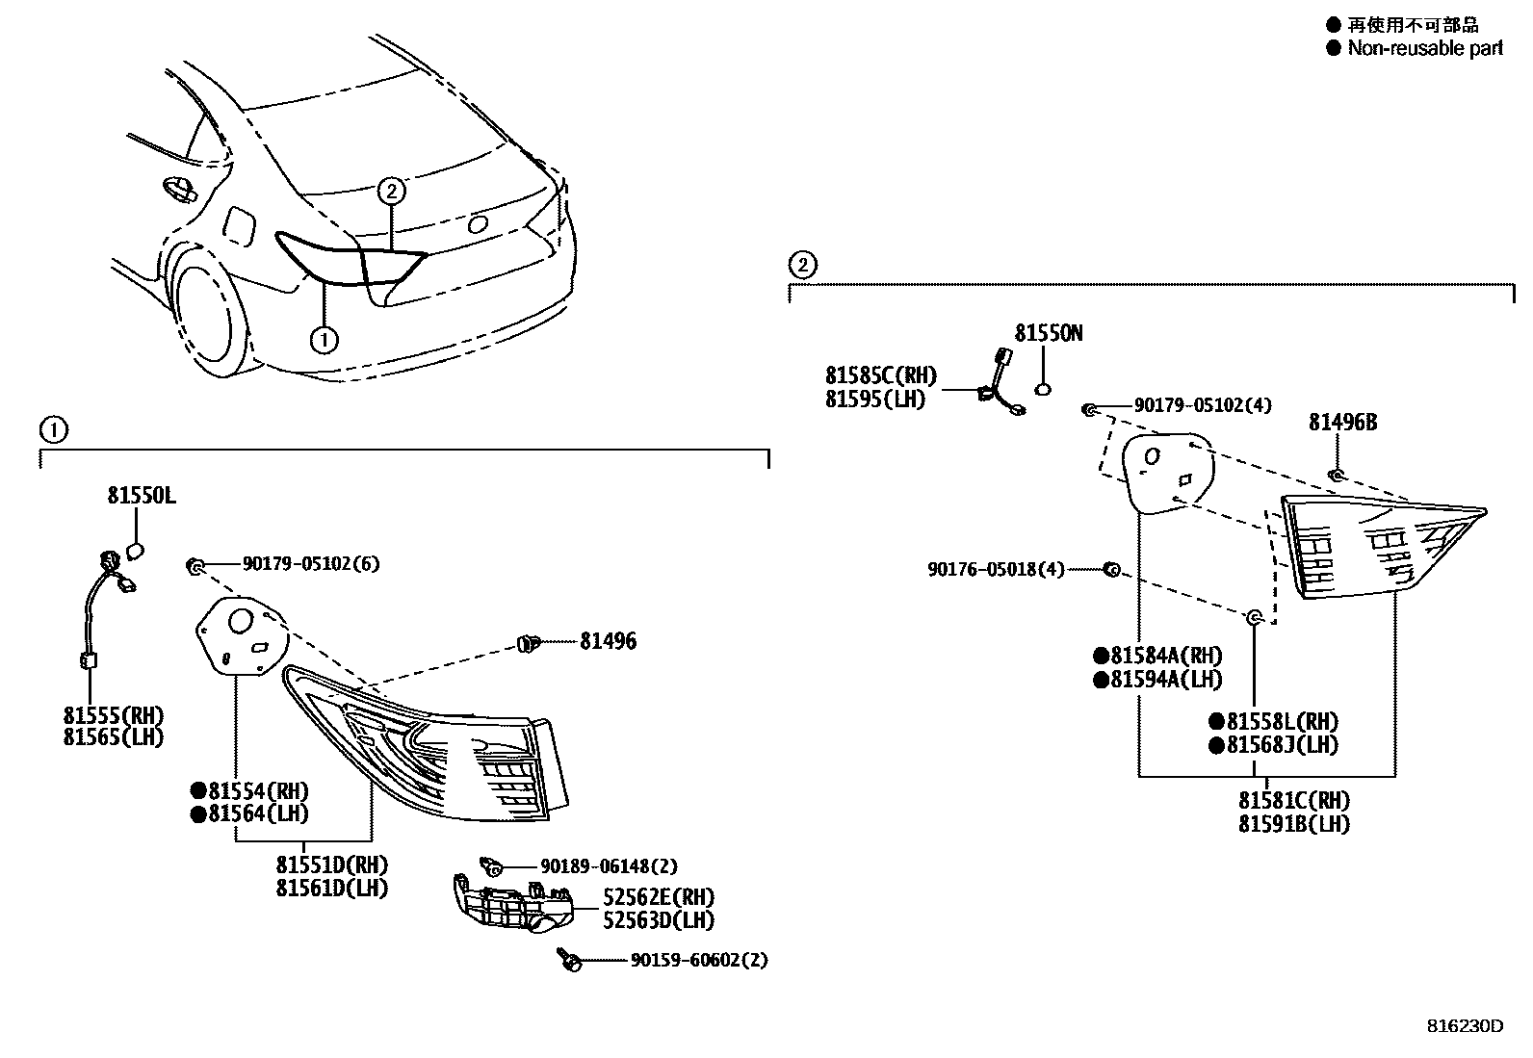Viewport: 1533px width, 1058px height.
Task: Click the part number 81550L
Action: point(141,496)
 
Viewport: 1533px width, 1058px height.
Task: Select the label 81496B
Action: point(1342,422)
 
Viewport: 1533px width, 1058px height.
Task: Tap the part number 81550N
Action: point(1049,333)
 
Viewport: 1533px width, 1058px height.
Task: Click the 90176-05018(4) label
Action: point(996,570)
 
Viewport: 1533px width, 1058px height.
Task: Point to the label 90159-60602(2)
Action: point(699,960)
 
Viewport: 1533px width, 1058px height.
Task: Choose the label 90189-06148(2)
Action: point(609,866)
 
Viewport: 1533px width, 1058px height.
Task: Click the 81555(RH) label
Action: point(114,715)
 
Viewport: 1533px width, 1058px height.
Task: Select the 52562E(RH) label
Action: point(659,897)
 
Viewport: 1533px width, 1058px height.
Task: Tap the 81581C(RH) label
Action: point(1293,801)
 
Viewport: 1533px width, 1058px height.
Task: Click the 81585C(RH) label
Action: point(880,376)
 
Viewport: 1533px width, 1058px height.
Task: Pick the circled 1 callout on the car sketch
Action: point(325,339)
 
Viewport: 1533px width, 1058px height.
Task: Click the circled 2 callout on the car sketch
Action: point(391,191)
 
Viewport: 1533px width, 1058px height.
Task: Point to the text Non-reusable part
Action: point(1424,48)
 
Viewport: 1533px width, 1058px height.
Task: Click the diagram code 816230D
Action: point(1464,1026)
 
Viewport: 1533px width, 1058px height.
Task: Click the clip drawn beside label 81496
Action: point(526,643)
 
